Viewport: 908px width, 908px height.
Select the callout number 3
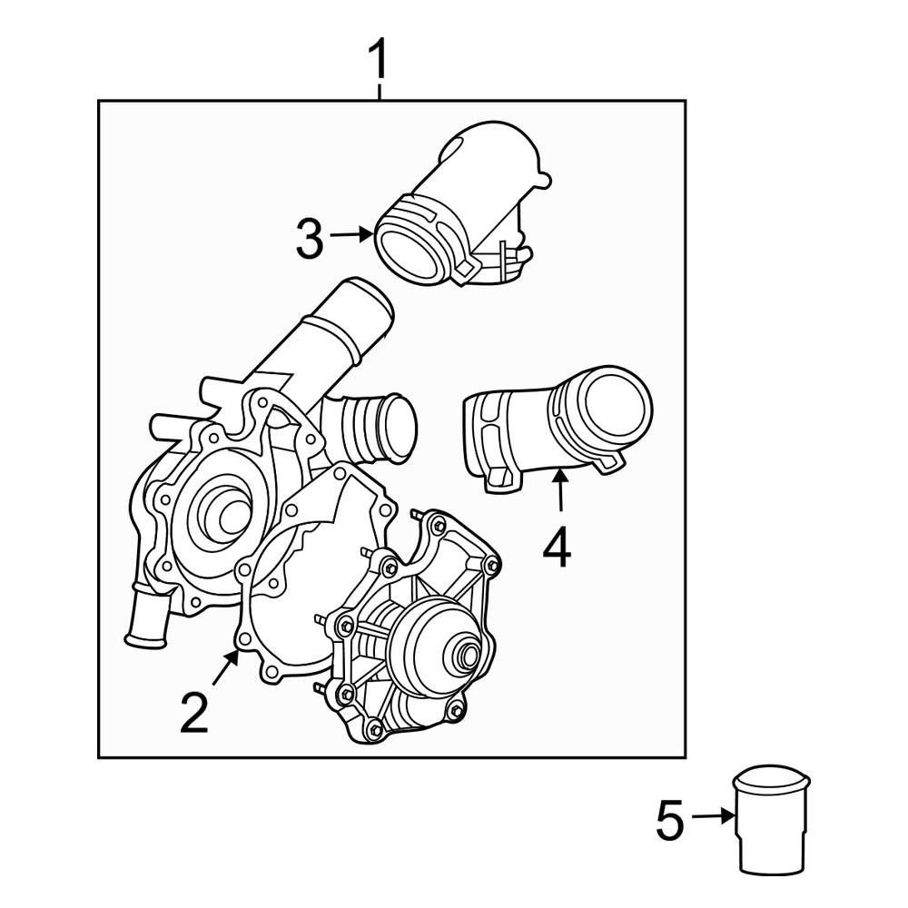[x=309, y=238]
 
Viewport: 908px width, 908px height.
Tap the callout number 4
[x=558, y=548]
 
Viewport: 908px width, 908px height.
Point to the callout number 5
[x=669, y=821]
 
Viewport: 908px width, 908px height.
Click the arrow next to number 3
[x=351, y=235]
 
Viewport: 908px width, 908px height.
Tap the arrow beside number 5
[x=713, y=817]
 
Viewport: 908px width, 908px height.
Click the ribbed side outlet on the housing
[x=377, y=427]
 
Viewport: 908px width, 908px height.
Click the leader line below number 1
[x=380, y=91]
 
